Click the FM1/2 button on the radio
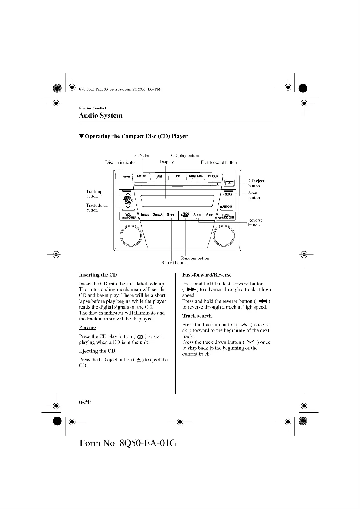click(x=141, y=176)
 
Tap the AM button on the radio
click(x=159, y=176)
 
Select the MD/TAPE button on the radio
click(x=196, y=176)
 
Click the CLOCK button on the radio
click(x=213, y=176)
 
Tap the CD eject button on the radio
click(x=229, y=183)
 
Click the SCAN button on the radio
click(x=228, y=194)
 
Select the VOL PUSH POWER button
click(x=129, y=216)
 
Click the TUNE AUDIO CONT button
click(x=226, y=216)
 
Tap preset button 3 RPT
click(x=171, y=215)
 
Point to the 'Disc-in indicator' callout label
click(x=120, y=162)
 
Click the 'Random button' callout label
click(x=195, y=258)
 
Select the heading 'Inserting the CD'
click(x=98, y=275)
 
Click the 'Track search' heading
click(x=197, y=316)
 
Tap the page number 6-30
click(x=85, y=402)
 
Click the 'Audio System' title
click(x=101, y=115)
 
